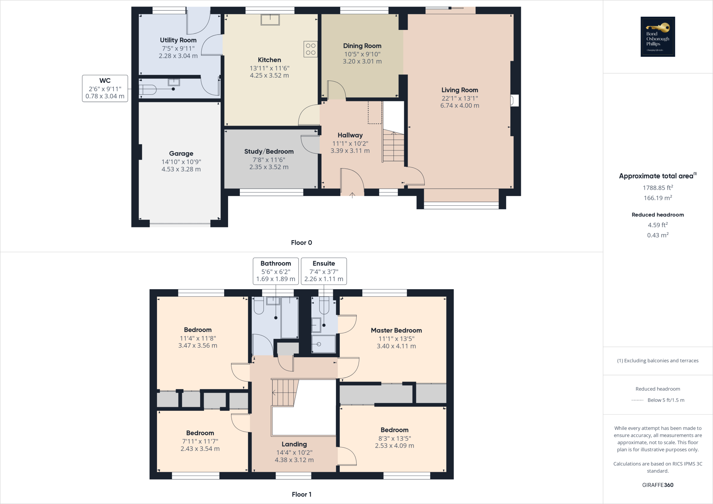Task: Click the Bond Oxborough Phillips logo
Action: click(658, 37)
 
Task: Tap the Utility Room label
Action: click(178, 40)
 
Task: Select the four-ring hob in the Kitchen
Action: click(311, 49)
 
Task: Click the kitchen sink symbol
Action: click(270, 19)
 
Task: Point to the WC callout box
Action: click(105, 88)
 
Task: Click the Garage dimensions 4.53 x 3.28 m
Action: click(181, 169)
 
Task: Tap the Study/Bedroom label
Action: click(269, 151)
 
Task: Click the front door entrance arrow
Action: click(352, 195)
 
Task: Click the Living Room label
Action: click(460, 90)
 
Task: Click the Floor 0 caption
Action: click(301, 243)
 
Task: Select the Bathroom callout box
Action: click(276, 271)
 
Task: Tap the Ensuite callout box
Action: click(324, 271)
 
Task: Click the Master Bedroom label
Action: click(396, 330)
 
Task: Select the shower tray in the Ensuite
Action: click(323, 344)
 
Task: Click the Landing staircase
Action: click(285, 393)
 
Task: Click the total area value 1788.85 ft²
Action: click(658, 188)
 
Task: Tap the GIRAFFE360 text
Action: click(658, 485)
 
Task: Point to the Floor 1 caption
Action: click(301, 494)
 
